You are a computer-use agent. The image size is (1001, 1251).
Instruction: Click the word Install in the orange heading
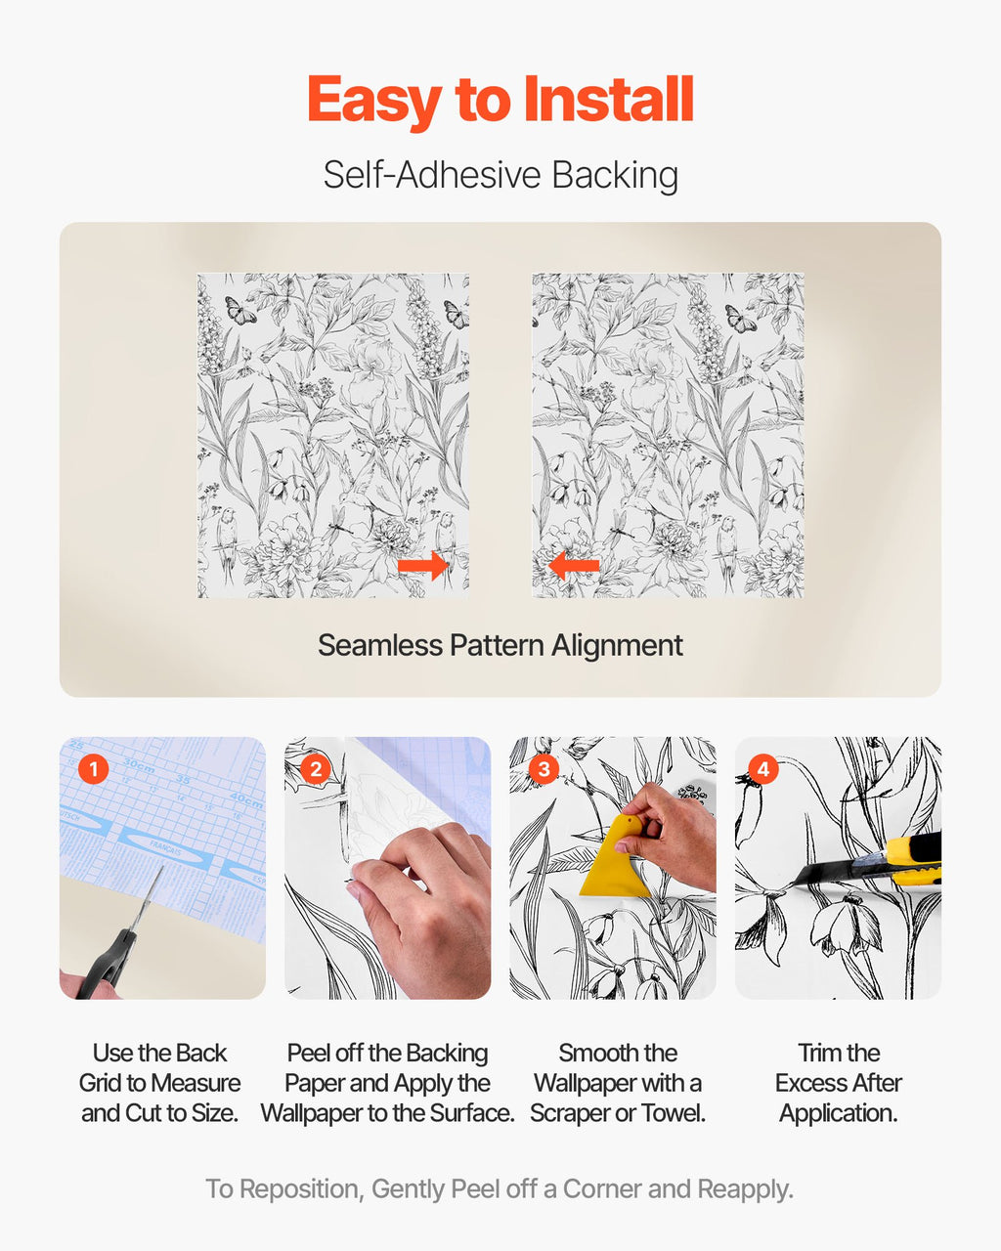(x=608, y=100)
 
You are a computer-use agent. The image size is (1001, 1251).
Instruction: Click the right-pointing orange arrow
(x=423, y=565)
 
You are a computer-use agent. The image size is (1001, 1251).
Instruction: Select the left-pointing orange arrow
(x=574, y=565)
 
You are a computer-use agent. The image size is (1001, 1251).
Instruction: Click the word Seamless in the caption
(x=380, y=645)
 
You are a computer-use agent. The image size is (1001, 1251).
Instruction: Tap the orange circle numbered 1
(x=93, y=769)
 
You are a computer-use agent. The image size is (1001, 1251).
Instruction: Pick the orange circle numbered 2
(x=316, y=769)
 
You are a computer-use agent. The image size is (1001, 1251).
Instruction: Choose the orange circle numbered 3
(x=544, y=769)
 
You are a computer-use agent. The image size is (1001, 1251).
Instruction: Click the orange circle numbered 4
(x=763, y=769)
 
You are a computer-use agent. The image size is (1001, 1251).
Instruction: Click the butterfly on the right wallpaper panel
(x=740, y=319)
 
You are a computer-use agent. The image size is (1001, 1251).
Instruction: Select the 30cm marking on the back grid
(x=139, y=764)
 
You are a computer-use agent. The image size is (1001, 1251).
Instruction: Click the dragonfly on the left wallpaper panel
(x=339, y=525)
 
